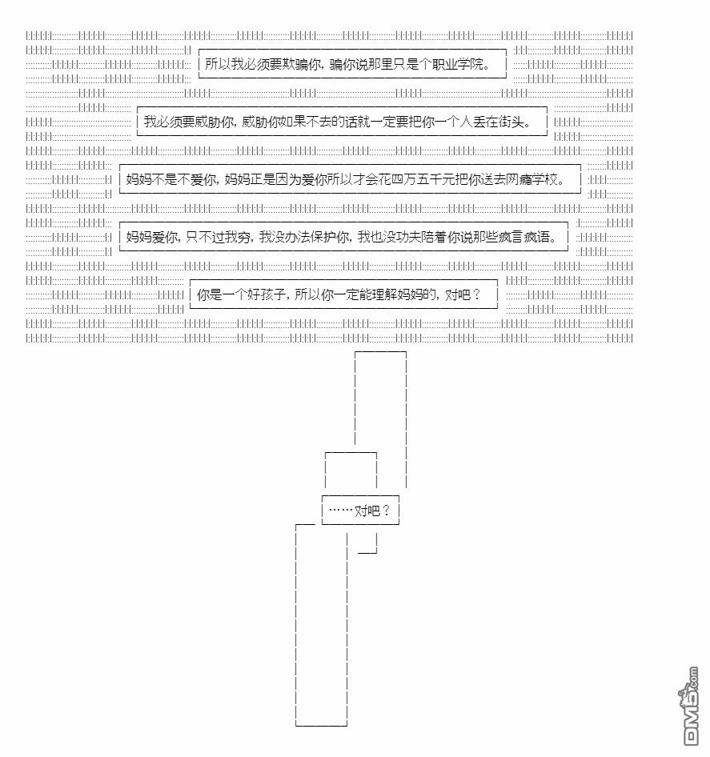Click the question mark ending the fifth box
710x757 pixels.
pos(477,294)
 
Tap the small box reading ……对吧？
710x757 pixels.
pos(360,511)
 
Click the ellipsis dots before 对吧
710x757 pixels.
pos(341,511)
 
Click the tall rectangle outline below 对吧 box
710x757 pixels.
pos(296,627)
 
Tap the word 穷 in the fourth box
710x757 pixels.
pos(243,237)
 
